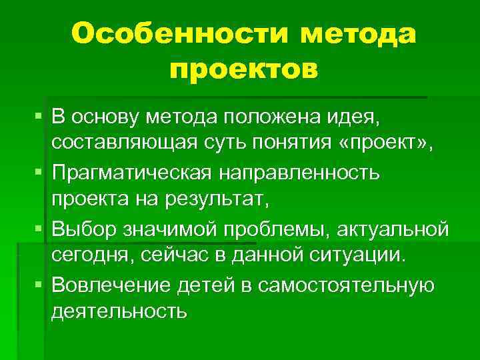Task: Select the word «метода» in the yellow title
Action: coord(358,33)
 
